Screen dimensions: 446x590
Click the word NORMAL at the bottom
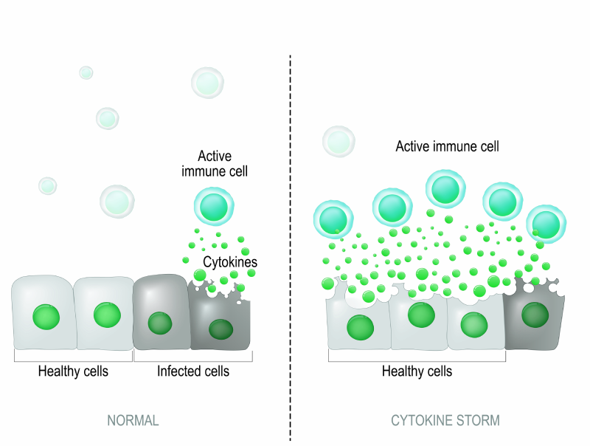click(133, 421)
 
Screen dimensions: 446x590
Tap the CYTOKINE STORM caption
click(445, 421)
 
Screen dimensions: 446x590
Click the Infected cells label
click(193, 371)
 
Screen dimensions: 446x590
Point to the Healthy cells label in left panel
click(73, 371)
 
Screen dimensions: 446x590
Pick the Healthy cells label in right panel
click(417, 371)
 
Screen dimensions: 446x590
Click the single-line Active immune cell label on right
click(447, 146)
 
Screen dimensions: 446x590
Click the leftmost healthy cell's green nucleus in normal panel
click(45, 318)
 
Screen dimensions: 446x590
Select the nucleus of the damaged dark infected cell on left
click(219, 329)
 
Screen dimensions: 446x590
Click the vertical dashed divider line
click(291, 222)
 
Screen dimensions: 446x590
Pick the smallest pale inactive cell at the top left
click(86, 72)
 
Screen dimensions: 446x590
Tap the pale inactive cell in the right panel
click(339, 141)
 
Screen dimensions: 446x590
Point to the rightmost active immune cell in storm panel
click(546, 223)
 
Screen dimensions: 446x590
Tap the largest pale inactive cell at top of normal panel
click(207, 83)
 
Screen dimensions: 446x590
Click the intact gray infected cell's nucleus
click(159, 323)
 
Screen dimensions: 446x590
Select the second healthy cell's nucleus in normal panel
click(106, 315)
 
